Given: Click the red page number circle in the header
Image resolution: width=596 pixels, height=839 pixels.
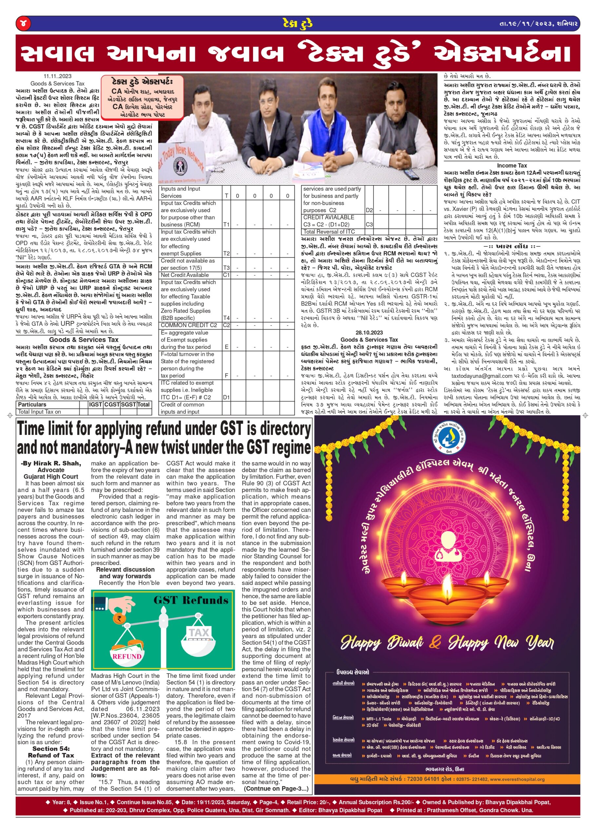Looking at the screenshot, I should point(23,24).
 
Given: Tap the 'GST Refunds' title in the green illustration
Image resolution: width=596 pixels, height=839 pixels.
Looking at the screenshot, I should point(191,600).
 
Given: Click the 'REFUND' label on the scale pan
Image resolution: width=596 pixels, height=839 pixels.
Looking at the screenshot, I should point(126,656).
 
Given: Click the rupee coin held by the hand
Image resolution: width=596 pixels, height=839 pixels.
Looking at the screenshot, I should point(119,618).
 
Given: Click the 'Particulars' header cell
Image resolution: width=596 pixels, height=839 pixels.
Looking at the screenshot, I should point(32,404).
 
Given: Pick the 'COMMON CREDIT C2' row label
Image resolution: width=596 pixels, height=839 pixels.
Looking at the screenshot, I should point(189,325).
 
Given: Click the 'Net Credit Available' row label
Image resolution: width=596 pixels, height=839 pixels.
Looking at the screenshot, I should point(184,275).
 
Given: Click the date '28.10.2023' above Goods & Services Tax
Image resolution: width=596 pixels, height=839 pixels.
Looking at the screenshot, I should point(369,333).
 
